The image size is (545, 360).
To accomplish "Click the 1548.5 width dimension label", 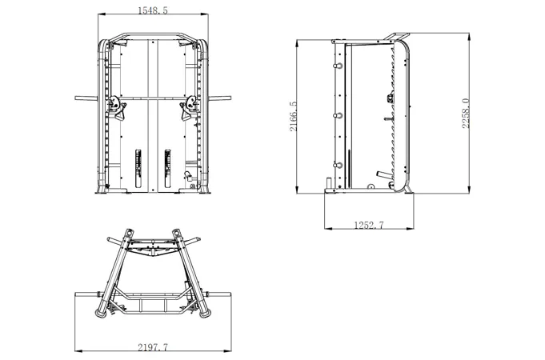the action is click(153, 10).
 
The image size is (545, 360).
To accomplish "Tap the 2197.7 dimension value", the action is click(153, 347).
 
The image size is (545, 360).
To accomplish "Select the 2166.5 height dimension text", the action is click(294, 117).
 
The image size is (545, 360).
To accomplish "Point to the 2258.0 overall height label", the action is click(466, 114).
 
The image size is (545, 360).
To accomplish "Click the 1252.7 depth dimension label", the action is click(369, 225).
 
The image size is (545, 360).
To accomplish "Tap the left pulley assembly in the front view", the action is click(116, 106).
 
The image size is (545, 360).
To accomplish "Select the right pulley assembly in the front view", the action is click(190, 106).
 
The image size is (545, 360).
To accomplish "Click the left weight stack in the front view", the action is click(138, 169).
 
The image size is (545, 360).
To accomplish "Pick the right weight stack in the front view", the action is click(168, 169).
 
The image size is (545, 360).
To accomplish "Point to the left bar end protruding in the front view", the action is click(86, 98).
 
